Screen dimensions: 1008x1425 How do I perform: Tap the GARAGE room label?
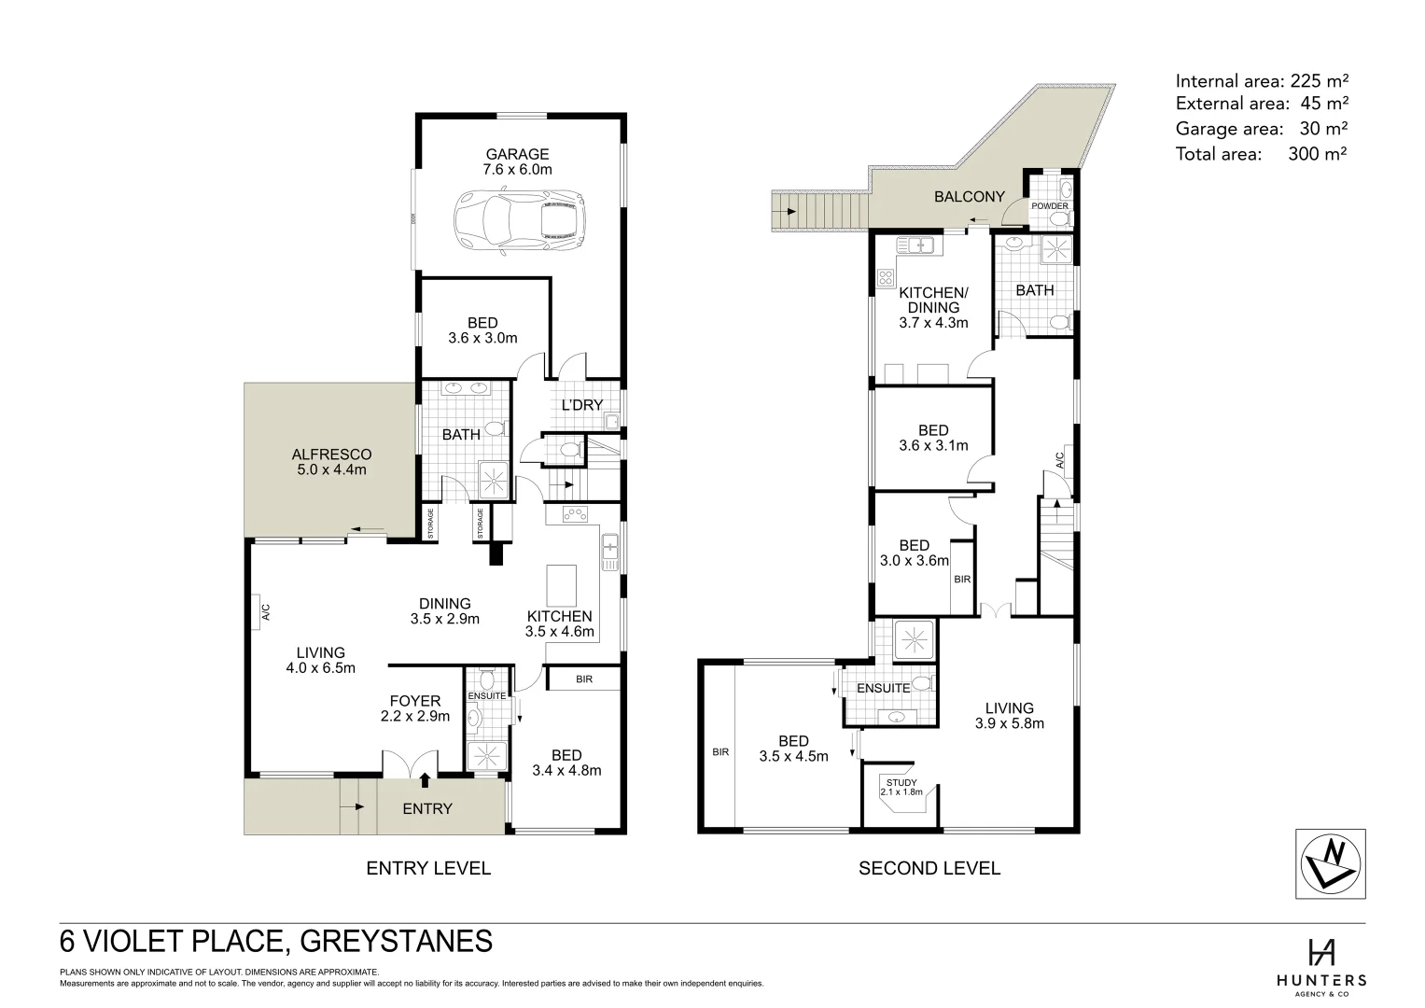[x=517, y=161]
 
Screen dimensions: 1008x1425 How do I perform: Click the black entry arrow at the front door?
[x=426, y=779]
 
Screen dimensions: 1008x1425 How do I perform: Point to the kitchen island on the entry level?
[x=560, y=585]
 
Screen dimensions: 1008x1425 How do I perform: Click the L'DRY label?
[x=582, y=405]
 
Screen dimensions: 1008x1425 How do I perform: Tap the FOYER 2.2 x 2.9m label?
[x=415, y=708]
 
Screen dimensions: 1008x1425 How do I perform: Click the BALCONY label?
[x=970, y=197]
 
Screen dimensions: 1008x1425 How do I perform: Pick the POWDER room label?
[x=1049, y=206]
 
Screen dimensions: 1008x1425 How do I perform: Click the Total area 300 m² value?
[x=1317, y=154]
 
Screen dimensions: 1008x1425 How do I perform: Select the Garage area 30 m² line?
[x=1262, y=129]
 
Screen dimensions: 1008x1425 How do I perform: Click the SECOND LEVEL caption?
[x=929, y=869]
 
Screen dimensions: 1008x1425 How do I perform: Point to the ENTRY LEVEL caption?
[x=427, y=869]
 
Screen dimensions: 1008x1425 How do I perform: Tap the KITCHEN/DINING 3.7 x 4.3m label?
[x=933, y=307]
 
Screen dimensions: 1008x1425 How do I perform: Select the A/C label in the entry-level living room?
[x=265, y=612]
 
